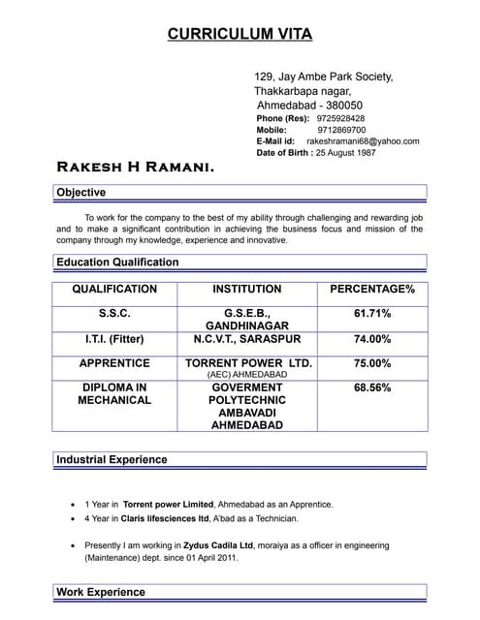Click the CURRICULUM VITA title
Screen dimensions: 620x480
click(x=240, y=34)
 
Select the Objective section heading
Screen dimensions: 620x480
click(x=81, y=193)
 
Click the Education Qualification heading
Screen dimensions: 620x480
click(x=117, y=263)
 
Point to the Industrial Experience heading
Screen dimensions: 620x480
click(x=112, y=460)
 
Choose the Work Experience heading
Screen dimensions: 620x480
click(x=101, y=592)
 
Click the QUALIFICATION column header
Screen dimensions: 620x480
click(x=114, y=290)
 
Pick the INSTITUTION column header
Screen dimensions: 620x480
click(x=247, y=290)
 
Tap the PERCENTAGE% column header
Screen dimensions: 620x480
click(x=372, y=290)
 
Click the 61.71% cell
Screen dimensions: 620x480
click(x=372, y=314)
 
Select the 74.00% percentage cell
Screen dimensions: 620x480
click(x=372, y=340)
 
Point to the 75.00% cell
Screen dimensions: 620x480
click(x=372, y=364)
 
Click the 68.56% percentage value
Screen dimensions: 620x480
click(x=372, y=388)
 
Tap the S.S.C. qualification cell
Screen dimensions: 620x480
click(x=114, y=314)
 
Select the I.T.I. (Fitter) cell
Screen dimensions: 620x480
click(x=114, y=340)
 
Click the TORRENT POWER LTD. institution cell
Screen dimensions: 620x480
click(x=248, y=364)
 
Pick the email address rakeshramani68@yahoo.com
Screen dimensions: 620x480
click(x=363, y=141)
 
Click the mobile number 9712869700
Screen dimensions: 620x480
click(x=341, y=130)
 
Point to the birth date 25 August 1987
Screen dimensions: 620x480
click(x=346, y=153)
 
